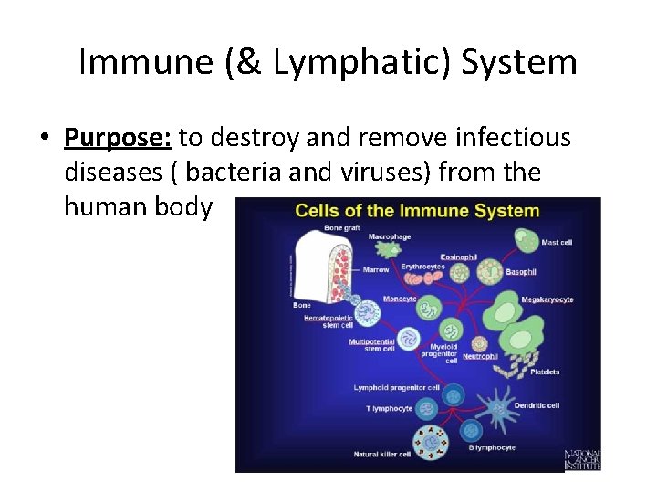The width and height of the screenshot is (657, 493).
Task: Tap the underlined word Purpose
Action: [x=118, y=138]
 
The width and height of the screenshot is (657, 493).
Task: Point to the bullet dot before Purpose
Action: [x=43, y=140]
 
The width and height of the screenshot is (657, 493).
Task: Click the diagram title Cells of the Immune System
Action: [x=417, y=211]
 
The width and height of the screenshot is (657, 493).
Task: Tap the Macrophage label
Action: [x=390, y=236]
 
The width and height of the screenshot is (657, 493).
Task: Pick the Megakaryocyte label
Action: [x=547, y=299]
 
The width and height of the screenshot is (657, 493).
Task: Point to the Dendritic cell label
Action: [x=537, y=405]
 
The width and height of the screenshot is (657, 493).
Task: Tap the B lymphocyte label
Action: [x=494, y=447]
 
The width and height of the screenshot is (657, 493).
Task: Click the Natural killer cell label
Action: [x=383, y=454]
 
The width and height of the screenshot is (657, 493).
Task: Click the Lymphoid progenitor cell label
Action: [x=397, y=388]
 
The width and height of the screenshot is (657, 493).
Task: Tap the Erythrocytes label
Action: [x=422, y=267]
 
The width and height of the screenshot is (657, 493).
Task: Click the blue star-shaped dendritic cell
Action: [x=499, y=407]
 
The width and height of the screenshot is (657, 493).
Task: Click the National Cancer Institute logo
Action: [x=582, y=460]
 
